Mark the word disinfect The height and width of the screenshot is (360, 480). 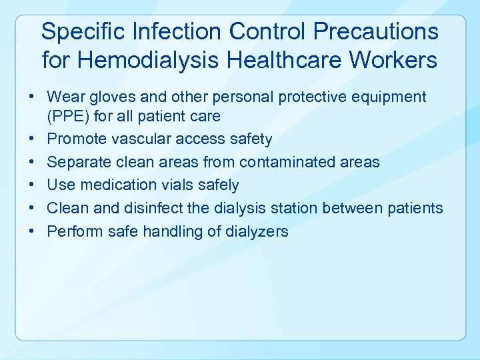click(x=153, y=208)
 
